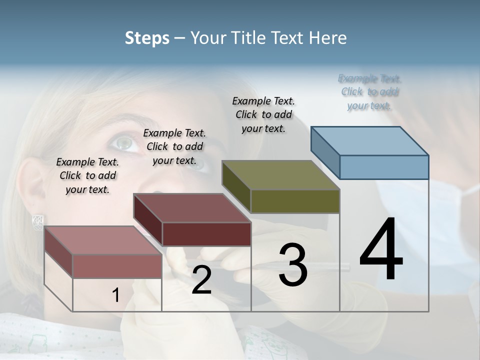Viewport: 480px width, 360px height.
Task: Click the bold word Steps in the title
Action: pyautogui.click(x=147, y=38)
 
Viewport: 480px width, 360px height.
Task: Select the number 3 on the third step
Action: pyautogui.click(x=293, y=265)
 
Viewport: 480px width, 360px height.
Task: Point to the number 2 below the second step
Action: pyautogui.click(x=201, y=280)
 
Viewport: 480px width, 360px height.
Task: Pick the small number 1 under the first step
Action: pyautogui.click(x=115, y=295)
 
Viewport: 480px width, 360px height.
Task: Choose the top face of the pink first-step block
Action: pyautogui.click(x=103, y=240)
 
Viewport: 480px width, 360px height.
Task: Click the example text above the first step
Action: pyautogui.click(x=87, y=175)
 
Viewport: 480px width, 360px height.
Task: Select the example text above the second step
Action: pyautogui.click(x=174, y=146)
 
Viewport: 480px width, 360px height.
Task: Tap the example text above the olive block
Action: pyautogui.click(x=263, y=114)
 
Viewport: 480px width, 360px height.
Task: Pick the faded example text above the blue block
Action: pyautogui.click(x=369, y=92)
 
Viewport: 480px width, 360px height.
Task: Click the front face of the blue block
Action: pyautogui.click(x=384, y=167)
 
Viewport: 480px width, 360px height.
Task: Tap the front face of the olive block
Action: pyautogui.click(x=295, y=201)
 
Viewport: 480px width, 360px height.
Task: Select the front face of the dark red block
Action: pyautogui.click(x=206, y=234)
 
